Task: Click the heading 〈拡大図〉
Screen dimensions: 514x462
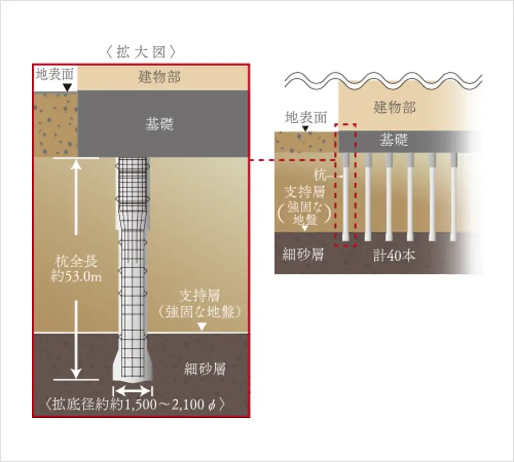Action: coord(141,52)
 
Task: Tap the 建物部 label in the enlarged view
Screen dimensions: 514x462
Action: coord(159,78)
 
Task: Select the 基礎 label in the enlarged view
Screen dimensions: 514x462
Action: coord(159,124)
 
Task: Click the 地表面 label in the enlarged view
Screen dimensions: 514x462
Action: coord(54,74)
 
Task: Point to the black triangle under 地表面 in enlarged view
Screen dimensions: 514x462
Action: coord(67,87)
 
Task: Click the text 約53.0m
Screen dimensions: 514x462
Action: coord(77,277)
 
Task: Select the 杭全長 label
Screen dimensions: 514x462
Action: coord(77,261)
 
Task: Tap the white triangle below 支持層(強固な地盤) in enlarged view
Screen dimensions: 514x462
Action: coord(202,326)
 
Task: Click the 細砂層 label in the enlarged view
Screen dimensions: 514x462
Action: coord(205,369)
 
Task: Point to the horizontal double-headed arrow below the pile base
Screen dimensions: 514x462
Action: coord(133,391)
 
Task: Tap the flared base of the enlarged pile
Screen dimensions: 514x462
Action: coord(133,369)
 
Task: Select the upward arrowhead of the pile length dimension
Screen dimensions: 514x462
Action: coord(77,164)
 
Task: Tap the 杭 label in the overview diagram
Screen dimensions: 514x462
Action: coord(320,175)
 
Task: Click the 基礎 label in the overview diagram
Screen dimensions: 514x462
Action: coord(394,140)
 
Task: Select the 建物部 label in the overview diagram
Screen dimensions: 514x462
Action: coord(394,107)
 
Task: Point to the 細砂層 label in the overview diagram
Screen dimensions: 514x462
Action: coord(303,254)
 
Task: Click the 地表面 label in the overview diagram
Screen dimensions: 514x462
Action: coord(306,117)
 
